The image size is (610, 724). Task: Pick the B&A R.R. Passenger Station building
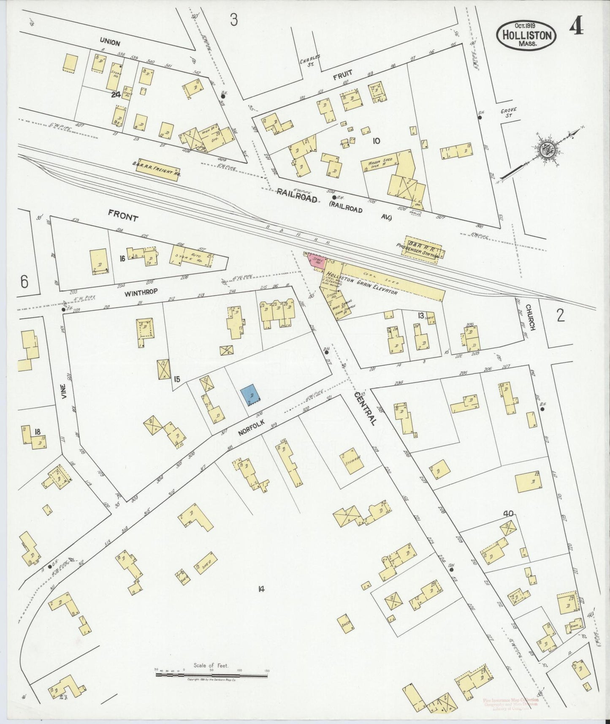[423, 248]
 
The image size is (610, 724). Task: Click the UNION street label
[110, 43]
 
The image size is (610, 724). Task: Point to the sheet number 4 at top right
[576, 28]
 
